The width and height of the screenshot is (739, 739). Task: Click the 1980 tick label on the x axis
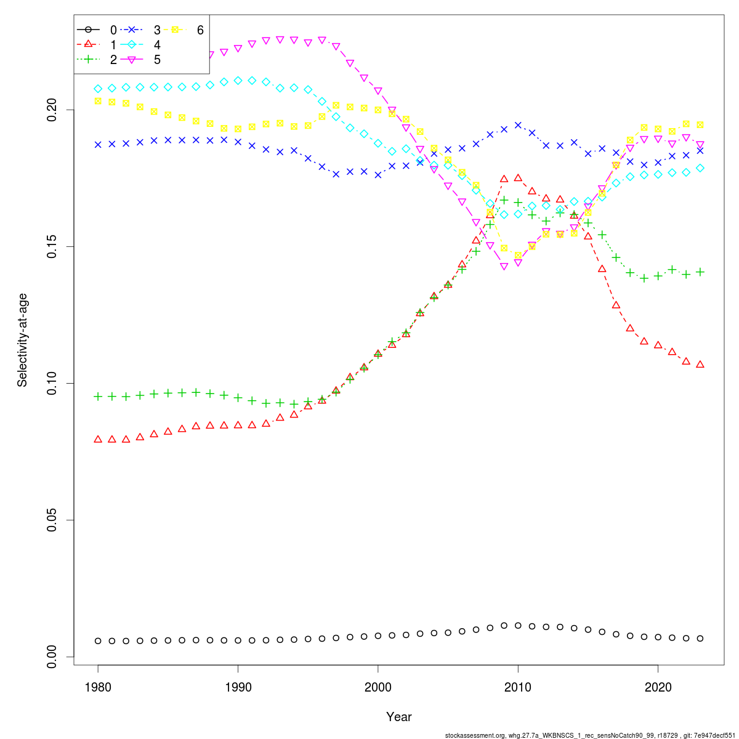(x=98, y=686)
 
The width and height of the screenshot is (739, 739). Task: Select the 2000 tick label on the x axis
(x=378, y=686)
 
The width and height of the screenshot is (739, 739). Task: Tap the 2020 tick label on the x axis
(x=658, y=686)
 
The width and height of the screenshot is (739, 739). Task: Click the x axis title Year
(x=399, y=717)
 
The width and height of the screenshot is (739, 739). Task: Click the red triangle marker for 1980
(x=98, y=439)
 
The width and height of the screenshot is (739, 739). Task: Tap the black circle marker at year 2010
(x=518, y=626)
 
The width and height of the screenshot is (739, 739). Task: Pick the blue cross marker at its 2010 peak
(x=518, y=125)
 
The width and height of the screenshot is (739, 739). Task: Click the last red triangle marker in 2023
(x=700, y=365)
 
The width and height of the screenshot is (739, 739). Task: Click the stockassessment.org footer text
(x=591, y=735)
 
